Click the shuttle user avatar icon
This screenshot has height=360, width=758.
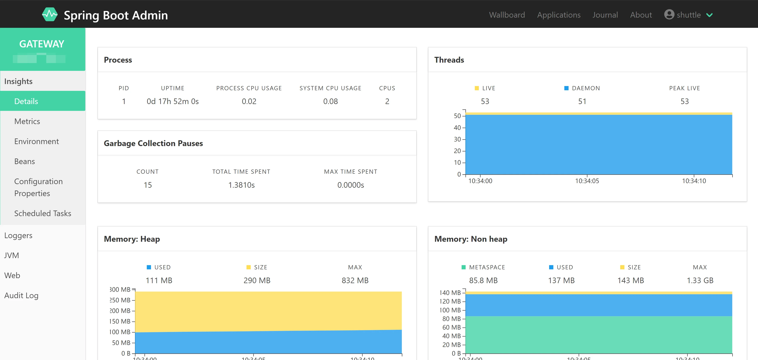669,14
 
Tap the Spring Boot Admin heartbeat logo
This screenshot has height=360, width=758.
49,14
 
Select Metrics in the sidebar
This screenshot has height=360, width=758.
27,121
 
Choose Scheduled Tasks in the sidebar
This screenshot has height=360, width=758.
43,213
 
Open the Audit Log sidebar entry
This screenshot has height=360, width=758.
21,295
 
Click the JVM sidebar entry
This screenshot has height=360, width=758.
11,255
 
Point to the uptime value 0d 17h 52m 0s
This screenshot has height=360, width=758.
173,101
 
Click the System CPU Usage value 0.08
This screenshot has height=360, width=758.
330,101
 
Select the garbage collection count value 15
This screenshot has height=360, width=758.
148,185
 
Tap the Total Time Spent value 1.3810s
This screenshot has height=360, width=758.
241,185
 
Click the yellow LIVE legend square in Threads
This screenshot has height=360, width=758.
477,88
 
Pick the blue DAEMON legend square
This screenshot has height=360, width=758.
566,88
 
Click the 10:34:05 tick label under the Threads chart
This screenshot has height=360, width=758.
587,181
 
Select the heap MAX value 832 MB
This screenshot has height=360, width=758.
355,280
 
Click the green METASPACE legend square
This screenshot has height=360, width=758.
463,267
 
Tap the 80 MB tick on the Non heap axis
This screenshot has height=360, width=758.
451,319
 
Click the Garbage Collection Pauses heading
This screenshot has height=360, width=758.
153,143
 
